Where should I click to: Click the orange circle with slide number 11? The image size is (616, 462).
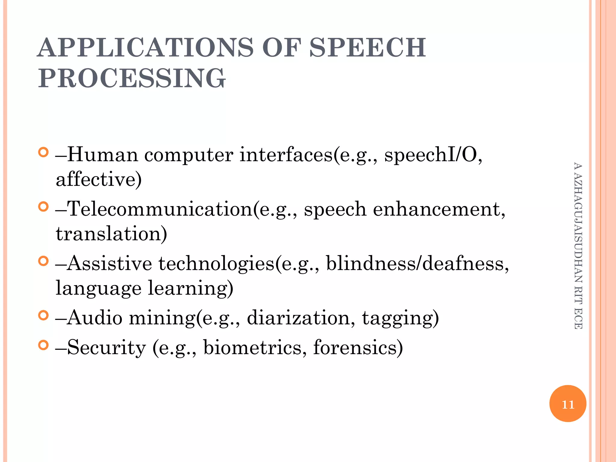click(568, 404)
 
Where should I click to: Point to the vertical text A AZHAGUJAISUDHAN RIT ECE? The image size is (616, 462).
click(578, 245)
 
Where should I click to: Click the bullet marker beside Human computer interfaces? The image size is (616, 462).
click(44, 152)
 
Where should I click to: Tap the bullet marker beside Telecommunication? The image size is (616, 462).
click(44, 207)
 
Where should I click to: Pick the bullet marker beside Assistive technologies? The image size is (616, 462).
click(44, 261)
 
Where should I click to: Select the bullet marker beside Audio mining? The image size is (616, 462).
click(44, 315)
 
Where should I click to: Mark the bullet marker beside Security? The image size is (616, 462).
click(44, 345)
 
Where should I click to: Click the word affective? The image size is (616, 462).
click(98, 179)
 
